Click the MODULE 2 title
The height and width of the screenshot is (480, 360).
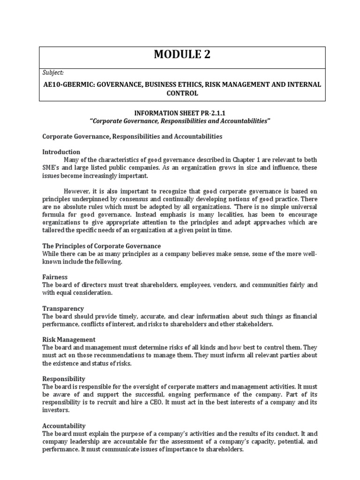182,55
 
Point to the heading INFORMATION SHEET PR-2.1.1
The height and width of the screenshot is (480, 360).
180,112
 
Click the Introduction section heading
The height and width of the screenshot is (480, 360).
61,152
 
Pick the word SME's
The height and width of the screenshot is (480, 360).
52,167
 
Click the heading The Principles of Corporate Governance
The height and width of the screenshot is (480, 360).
101,246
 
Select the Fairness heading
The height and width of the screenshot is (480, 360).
55,277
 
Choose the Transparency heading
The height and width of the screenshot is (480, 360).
63,308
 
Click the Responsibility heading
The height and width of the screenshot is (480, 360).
63,378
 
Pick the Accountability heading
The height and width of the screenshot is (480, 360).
64,426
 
